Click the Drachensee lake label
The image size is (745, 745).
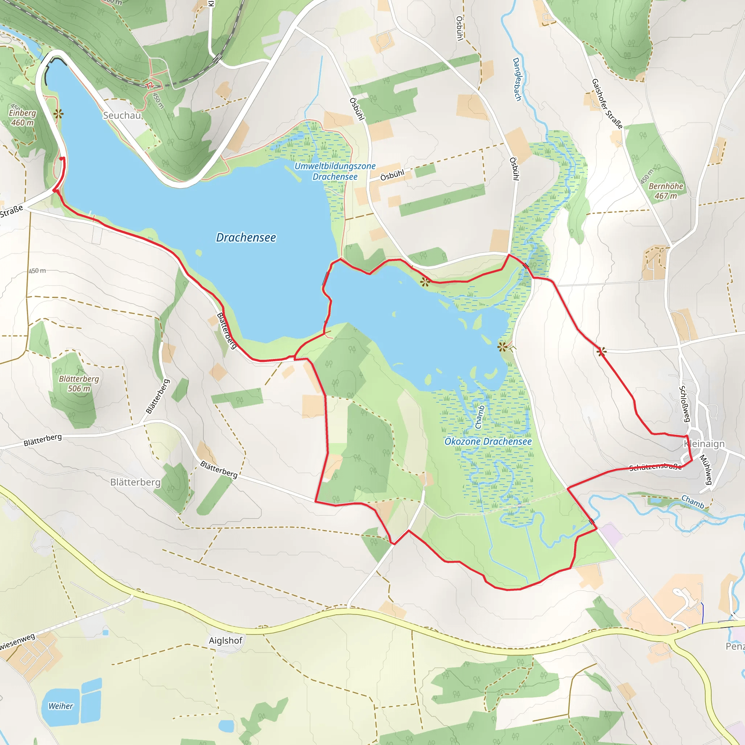click(246, 238)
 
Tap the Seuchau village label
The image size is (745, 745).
click(122, 115)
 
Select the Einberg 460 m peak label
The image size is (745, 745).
click(22, 117)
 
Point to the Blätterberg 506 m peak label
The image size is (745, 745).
click(79, 384)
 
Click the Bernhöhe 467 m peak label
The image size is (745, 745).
click(666, 191)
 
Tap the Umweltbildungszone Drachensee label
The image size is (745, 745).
click(335, 171)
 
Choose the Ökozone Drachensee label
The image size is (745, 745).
click(488, 442)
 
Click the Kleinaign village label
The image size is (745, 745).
click(704, 444)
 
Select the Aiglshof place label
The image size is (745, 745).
click(226, 641)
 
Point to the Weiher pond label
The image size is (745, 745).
click(60, 706)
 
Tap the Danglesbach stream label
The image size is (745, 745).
click(517, 79)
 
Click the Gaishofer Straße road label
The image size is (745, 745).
click(607, 103)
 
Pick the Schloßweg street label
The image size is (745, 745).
click(685, 404)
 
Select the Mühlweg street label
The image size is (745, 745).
click(706, 470)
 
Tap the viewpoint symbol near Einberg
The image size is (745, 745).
click(58, 114)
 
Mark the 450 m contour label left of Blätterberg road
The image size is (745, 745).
click(37, 271)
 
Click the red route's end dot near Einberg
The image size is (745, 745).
click(62, 159)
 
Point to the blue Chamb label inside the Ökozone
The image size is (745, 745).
click(480, 417)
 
